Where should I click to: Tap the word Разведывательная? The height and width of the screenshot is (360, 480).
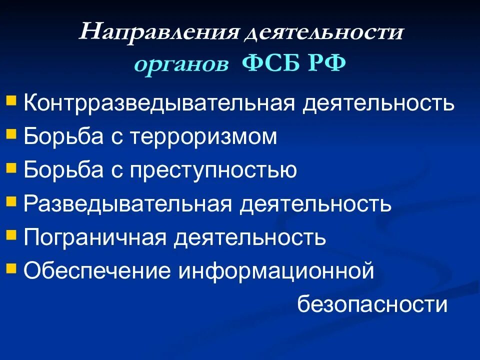coord(127,204)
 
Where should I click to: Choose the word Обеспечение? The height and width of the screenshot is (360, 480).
coord(97,271)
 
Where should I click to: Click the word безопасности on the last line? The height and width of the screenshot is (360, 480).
coord(372,304)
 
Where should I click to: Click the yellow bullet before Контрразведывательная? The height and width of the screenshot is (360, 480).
coord(11,100)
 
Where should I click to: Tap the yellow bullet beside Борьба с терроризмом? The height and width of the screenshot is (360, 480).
coord(11,133)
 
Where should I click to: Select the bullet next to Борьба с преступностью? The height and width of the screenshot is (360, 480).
coord(11,166)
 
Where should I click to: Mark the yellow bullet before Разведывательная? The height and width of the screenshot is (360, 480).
coord(11,200)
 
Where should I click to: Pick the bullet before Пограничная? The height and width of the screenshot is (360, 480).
coord(11,233)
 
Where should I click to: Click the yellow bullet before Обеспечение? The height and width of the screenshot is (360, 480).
coord(11,267)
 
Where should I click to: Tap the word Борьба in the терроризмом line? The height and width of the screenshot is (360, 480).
coord(60,137)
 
